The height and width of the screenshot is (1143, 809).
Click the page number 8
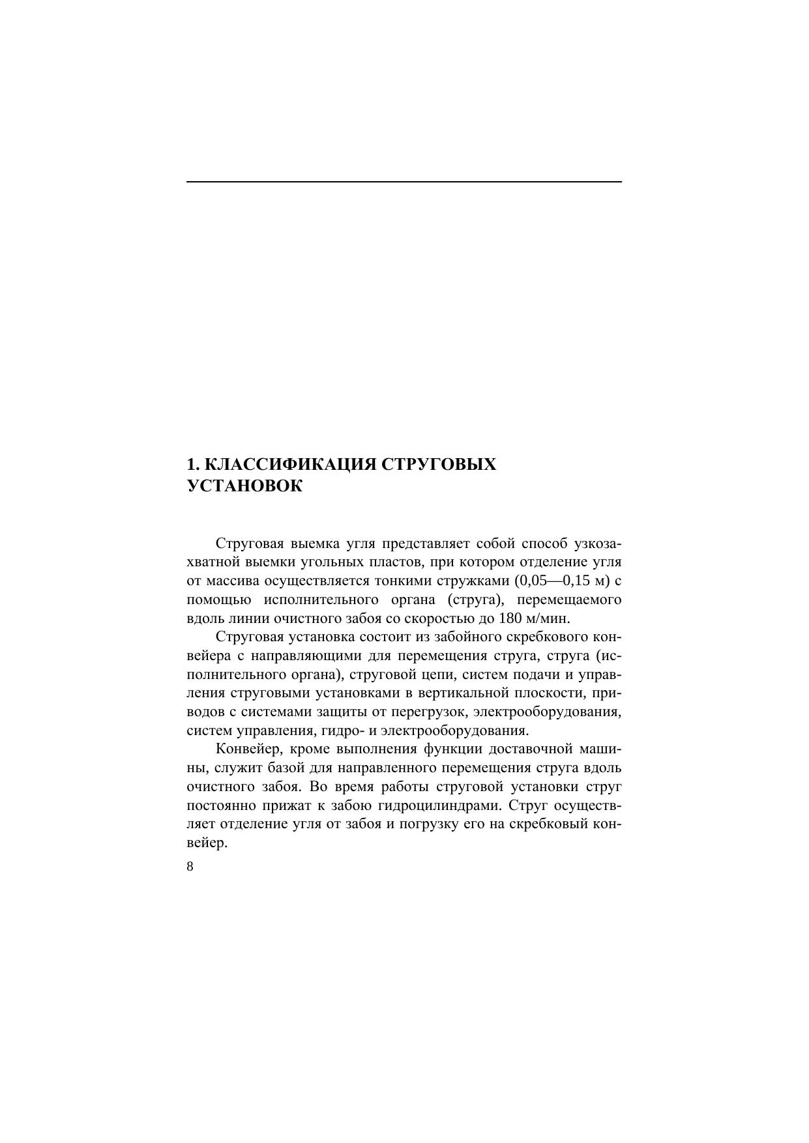coord(190,866)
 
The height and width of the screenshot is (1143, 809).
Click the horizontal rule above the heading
coord(404,181)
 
